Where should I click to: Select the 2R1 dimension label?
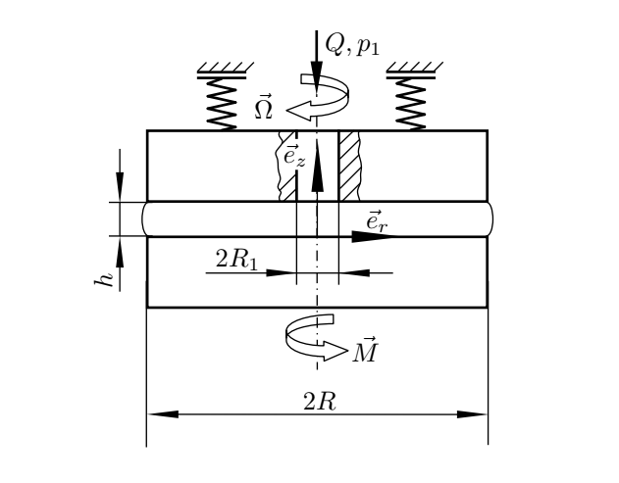(x=234, y=259)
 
